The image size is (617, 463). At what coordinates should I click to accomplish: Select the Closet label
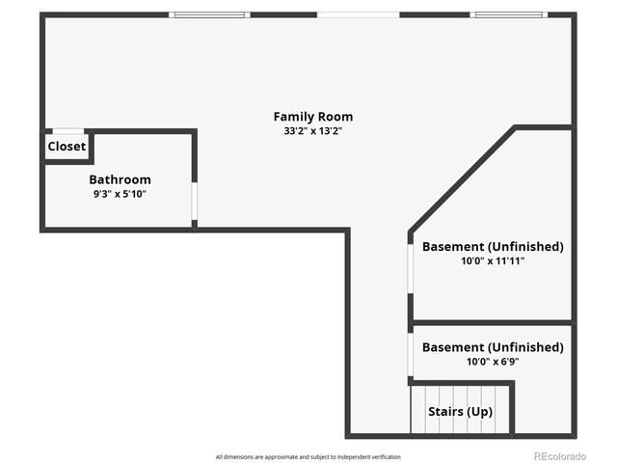pyautogui.click(x=67, y=147)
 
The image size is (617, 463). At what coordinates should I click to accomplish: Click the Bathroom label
pyautogui.click(x=120, y=179)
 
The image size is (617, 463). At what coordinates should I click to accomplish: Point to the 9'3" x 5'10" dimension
pyautogui.click(x=120, y=193)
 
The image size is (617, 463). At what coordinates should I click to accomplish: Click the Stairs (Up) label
pyautogui.click(x=460, y=412)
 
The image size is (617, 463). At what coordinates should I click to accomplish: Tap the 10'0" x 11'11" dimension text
pyautogui.click(x=492, y=260)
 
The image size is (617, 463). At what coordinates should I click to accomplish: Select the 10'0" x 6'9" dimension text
pyautogui.click(x=492, y=362)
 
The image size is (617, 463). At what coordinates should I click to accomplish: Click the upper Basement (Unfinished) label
pyautogui.click(x=492, y=246)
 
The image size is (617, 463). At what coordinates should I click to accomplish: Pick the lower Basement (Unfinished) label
pyautogui.click(x=492, y=347)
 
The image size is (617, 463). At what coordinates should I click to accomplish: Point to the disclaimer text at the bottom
pyautogui.click(x=308, y=456)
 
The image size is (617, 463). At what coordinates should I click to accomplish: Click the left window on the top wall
pyautogui.click(x=209, y=14)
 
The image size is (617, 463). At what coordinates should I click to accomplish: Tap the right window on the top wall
pyautogui.click(x=508, y=14)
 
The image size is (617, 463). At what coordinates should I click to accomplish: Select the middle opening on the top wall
pyautogui.click(x=358, y=14)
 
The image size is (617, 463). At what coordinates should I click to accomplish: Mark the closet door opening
pyautogui.click(x=67, y=131)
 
